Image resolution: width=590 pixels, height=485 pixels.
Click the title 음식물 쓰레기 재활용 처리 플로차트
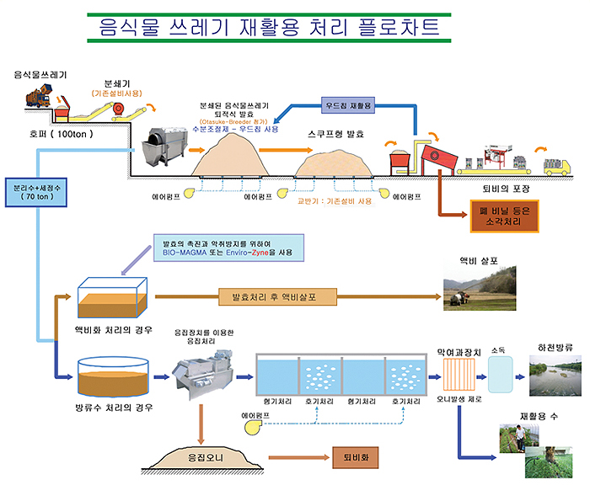coord(268,27)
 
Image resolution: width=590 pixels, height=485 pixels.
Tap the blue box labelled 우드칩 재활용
coord(348,106)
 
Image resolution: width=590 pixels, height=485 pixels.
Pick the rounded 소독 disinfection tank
coord(499,372)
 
